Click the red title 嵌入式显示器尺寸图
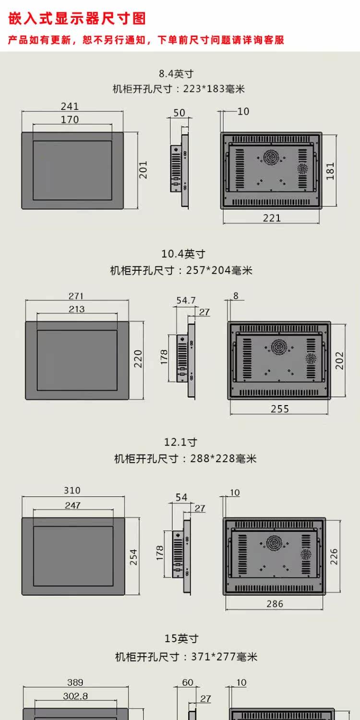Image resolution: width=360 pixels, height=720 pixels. point(77,18)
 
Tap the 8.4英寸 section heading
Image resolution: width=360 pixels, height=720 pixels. point(176,73)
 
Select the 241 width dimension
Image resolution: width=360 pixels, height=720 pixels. point(70,106)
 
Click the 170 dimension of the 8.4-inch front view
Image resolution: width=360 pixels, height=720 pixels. point(70,120)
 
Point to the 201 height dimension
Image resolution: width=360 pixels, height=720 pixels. point(143,170)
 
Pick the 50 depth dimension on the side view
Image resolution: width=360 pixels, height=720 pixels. point(179,113)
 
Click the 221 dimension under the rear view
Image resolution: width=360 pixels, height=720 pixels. point(272,218)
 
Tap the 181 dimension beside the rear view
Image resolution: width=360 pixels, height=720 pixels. point(330,171)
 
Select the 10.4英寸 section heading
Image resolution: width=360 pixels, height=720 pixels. point(183,254)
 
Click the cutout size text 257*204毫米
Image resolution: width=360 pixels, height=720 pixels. point(219,270)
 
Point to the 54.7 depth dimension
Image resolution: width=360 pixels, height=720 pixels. point(186,300)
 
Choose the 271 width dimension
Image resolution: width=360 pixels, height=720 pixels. point(76,296)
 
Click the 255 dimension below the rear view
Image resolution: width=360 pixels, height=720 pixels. point(280,409)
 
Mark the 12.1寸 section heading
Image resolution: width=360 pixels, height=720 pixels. point(180,442)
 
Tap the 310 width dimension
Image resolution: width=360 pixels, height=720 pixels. point(72,490)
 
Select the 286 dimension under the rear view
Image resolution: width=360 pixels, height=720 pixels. point(275,604)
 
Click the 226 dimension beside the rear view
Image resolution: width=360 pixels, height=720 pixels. point(334,557)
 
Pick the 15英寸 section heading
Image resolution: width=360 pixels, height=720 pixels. point(181,638)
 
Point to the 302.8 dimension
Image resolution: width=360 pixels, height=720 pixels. point(75,696)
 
